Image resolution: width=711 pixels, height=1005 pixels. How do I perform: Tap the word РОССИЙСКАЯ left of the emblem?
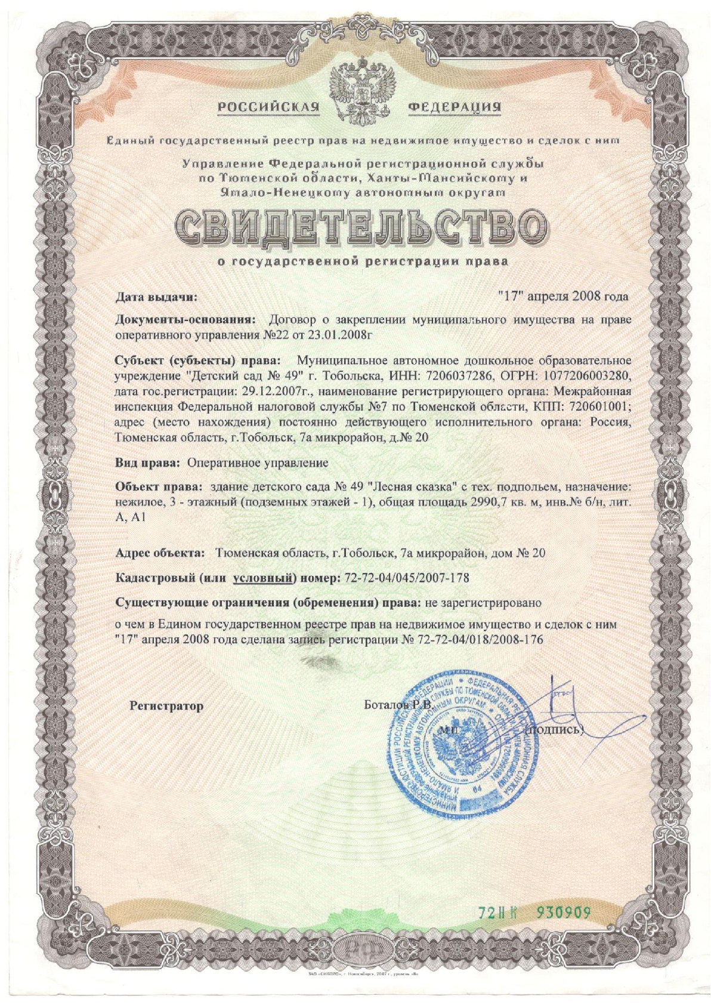point(268,107)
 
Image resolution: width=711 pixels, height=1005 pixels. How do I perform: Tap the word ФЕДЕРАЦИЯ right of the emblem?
point(455,107)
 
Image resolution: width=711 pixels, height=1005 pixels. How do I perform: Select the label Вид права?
point(147,463)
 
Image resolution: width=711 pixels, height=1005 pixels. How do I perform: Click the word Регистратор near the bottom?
point(166,706)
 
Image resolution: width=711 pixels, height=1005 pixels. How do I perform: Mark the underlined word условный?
point(263,578)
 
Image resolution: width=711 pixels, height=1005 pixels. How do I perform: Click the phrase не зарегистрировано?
point(483,602)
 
